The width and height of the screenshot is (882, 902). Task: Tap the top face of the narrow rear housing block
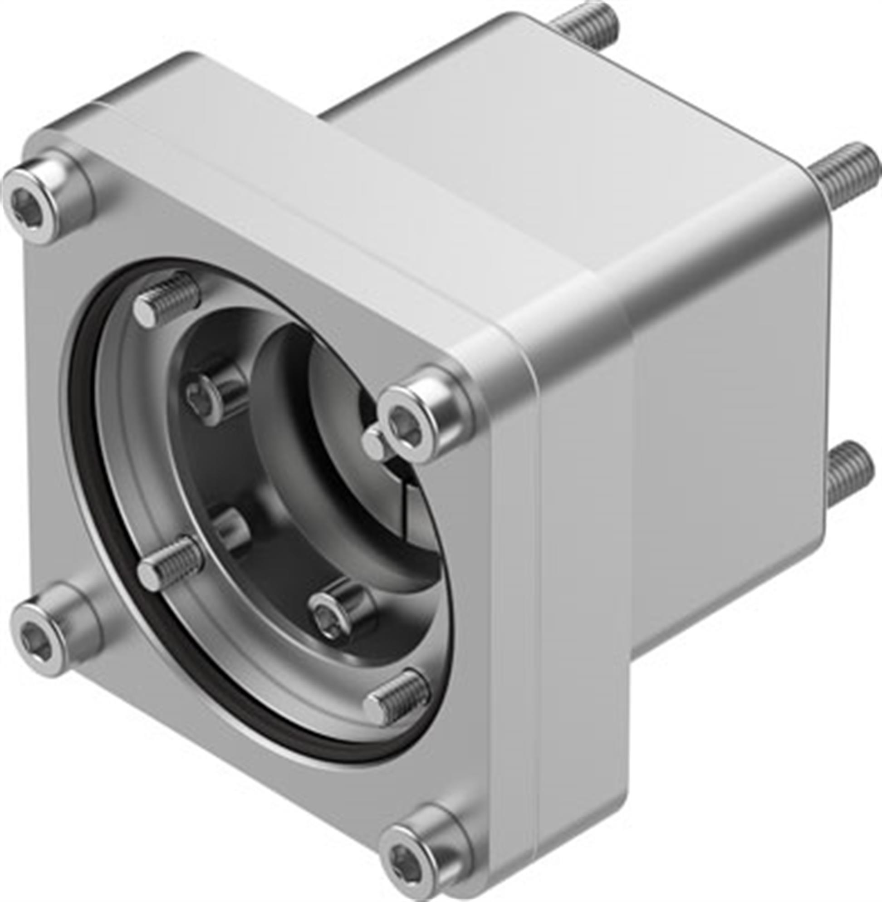(x=533, y=116)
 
